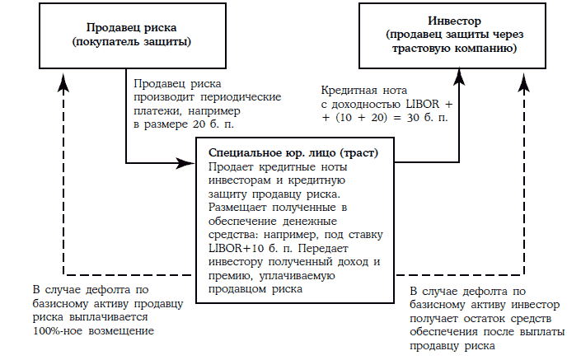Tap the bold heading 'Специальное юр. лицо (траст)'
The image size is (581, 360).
coord(301,154)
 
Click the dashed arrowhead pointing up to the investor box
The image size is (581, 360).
coord(523,73)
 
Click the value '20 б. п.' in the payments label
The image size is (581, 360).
coord(212,124)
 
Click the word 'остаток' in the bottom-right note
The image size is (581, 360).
coord(502,318)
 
